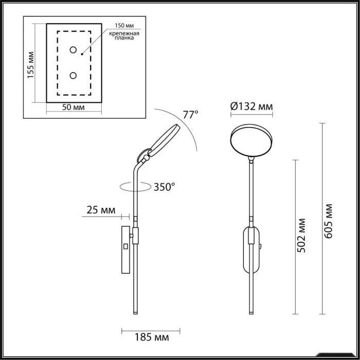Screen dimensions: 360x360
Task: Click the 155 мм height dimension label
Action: pos(30,65)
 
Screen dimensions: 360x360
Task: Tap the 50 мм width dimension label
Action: pos(73,107)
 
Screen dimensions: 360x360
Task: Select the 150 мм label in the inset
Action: pos(124,26)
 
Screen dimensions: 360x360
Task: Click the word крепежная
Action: pos(124,33)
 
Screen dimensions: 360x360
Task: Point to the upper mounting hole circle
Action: pos(73,50)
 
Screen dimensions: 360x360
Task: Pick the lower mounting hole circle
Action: pos(73,76)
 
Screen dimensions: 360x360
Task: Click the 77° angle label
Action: pos(191,115)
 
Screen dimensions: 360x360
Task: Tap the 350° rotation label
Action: pos(164,187)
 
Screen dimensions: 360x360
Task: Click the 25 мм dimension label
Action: pos(101,210)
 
